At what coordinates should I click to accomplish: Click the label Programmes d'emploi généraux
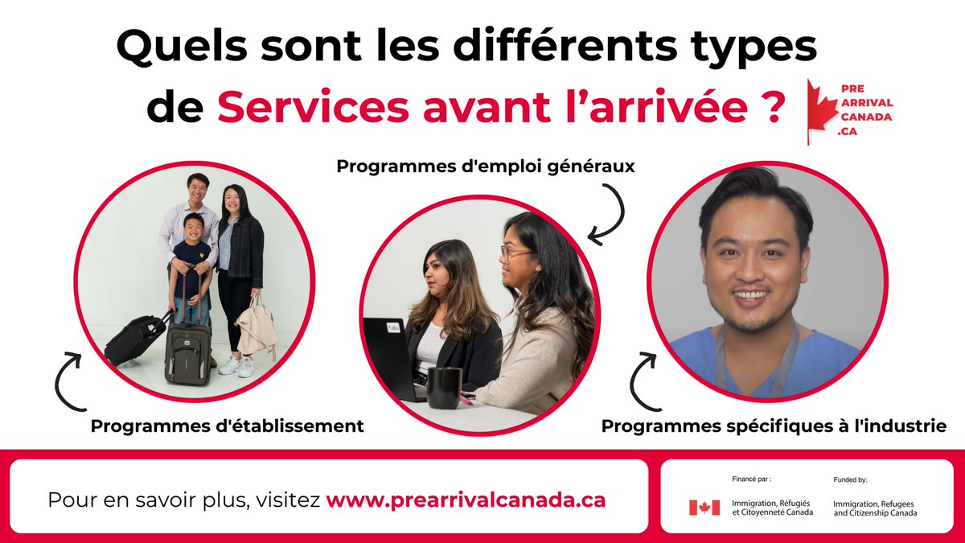[486, 167]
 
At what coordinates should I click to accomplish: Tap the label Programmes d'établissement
[227, 426]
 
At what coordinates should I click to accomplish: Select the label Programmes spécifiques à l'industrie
[774, 426]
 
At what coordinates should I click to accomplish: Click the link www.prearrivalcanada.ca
[466, 499]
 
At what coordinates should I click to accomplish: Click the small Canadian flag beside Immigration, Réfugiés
[704, 508]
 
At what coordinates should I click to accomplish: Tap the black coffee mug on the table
[444, 387]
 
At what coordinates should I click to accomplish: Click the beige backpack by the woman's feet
[256, 329]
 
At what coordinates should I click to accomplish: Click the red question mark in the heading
[773, 108]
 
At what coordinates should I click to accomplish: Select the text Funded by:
[851, 479]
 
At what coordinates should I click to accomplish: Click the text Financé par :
[752, 479]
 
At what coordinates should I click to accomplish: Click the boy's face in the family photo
[193, 228]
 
